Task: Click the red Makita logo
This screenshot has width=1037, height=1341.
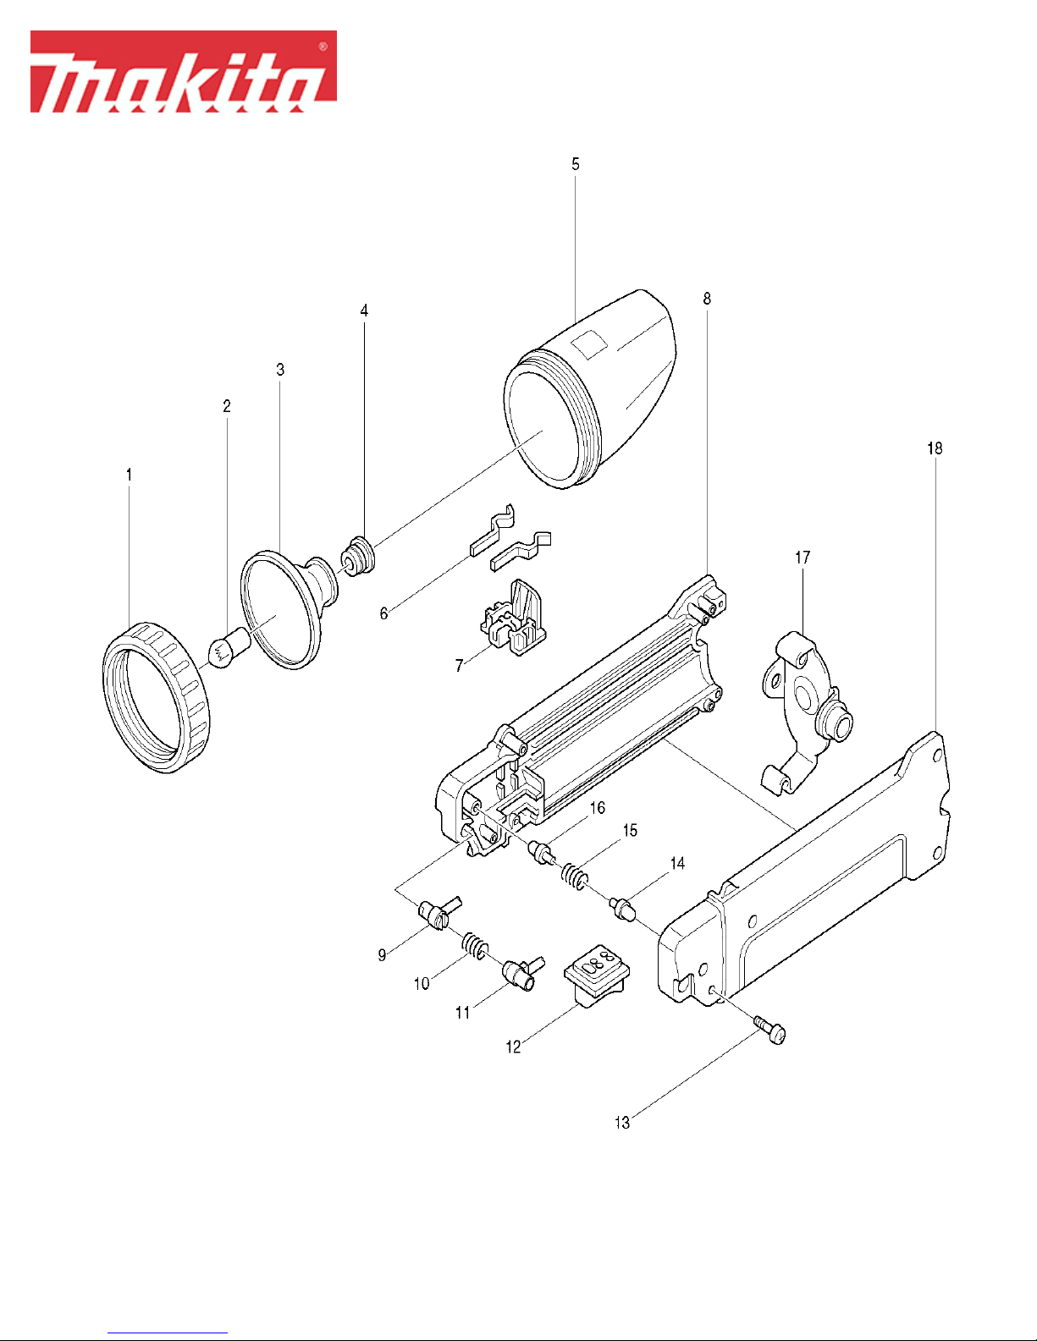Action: click(184, 72)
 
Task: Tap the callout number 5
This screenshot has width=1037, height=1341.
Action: click(576, 164)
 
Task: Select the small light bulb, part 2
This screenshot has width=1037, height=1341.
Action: click(229, 646)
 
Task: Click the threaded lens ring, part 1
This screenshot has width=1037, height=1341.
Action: click(156, 698)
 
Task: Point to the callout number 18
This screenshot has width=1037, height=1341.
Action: click(935, 448)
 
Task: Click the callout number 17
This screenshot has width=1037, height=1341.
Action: click(803, 558)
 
